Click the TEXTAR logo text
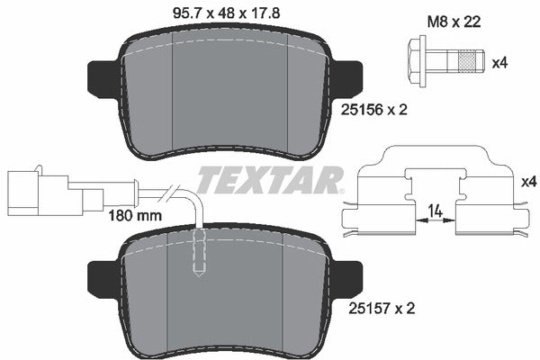pyautogui.click(x=269, y=180)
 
